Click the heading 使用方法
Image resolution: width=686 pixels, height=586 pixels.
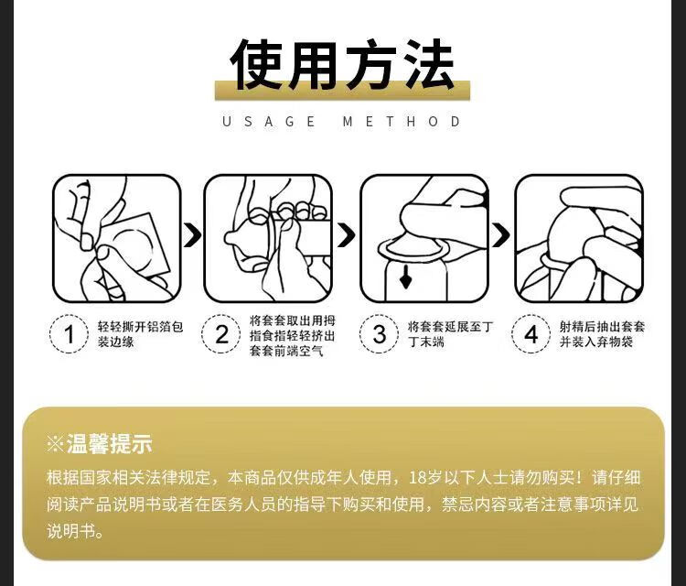coord(342,65)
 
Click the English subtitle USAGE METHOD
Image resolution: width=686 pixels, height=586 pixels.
coord(341,121)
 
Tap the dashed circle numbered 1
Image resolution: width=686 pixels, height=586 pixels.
coord(70,334)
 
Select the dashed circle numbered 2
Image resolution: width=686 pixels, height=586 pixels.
coord(221,334)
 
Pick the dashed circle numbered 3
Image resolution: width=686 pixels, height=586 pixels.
coord(379,334)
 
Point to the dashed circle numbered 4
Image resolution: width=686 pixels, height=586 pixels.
coord(531,334)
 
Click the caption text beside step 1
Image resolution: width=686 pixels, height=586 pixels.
coord(140,334)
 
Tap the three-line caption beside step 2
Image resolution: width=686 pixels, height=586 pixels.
coord(293,335)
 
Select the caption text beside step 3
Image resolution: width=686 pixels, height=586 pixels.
coord(450,334)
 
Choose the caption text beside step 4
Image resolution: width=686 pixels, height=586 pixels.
coord(602,334)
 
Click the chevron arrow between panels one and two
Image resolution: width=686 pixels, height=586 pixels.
coord(192,234)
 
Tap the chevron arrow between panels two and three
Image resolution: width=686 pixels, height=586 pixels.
coord(347,234)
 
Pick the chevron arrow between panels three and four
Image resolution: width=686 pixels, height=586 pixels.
coord(501,234)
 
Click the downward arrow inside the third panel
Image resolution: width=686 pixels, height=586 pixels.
coord(405,277)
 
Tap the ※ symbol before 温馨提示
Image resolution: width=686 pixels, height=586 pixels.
coord(55,444)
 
